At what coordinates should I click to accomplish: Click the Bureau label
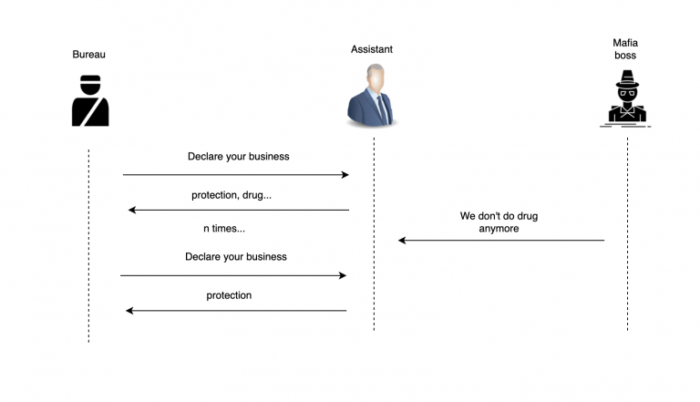click(88, 55)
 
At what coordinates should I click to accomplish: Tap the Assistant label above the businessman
click(372, 49)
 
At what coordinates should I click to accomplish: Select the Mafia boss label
click(625, 49)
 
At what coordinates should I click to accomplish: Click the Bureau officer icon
click(90, 100)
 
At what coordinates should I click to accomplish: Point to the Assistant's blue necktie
click(382, 109)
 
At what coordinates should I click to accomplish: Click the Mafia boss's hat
click(627, 78)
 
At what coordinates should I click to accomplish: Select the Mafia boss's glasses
click(627, 93)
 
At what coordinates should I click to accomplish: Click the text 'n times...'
click(224, 229)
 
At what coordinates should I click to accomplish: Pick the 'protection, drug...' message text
click(232, 195)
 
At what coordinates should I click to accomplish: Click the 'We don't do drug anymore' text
click(499, 222)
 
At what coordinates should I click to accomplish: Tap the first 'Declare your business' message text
click(239, 157)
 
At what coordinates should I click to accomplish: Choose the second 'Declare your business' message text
click(236, 257)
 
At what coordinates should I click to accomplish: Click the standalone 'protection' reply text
click(229, 295)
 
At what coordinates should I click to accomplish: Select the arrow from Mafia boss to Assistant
click(501, 241)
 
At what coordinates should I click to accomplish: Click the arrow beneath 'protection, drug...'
click(239, 210)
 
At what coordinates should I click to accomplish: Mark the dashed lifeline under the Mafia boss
click(627, 234)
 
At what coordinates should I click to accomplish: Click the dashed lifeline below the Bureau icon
click(88, 246)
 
